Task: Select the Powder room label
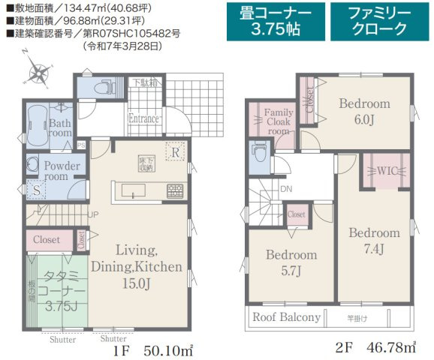point(56,170)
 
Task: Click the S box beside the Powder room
point(36,190)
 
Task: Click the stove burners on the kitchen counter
point(174,190)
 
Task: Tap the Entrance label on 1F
point(143,118)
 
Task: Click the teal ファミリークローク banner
point(378,21)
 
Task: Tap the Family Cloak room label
point(278,121)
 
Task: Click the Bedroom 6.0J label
point(363,110)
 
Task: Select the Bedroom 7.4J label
point(374,239)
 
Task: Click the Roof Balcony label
point(286,317)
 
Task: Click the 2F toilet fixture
point(257,157)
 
